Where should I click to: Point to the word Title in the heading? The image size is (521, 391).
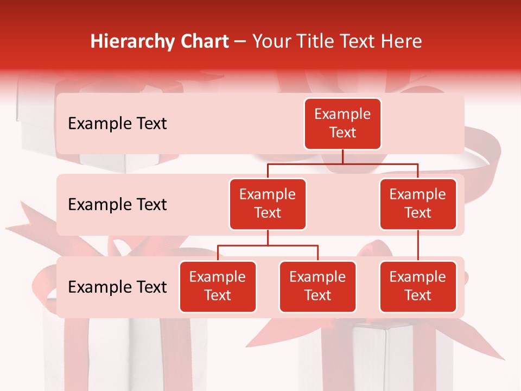[317, 41]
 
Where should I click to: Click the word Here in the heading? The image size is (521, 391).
[401, 41]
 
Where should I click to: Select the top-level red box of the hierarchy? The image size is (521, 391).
[342, 124]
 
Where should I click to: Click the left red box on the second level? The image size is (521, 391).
[268, 204]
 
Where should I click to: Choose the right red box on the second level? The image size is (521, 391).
[418, 204]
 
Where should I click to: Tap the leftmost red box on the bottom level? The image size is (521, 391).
[218, 287]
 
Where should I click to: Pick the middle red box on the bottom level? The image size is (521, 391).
[317, 287]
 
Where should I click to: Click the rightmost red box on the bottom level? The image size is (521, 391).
[418, 287]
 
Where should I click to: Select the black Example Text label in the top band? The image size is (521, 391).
[117, 124]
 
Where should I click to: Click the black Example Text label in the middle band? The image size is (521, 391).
[117, 205]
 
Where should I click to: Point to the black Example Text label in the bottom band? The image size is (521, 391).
[117, 287]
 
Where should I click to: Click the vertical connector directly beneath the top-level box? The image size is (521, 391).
[342, 156]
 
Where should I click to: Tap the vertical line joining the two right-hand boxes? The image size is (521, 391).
[418, 245]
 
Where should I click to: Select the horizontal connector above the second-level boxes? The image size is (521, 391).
[342, 163]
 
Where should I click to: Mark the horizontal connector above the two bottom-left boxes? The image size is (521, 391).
[268, 245]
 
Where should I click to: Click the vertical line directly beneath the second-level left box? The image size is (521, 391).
[268, 237]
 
